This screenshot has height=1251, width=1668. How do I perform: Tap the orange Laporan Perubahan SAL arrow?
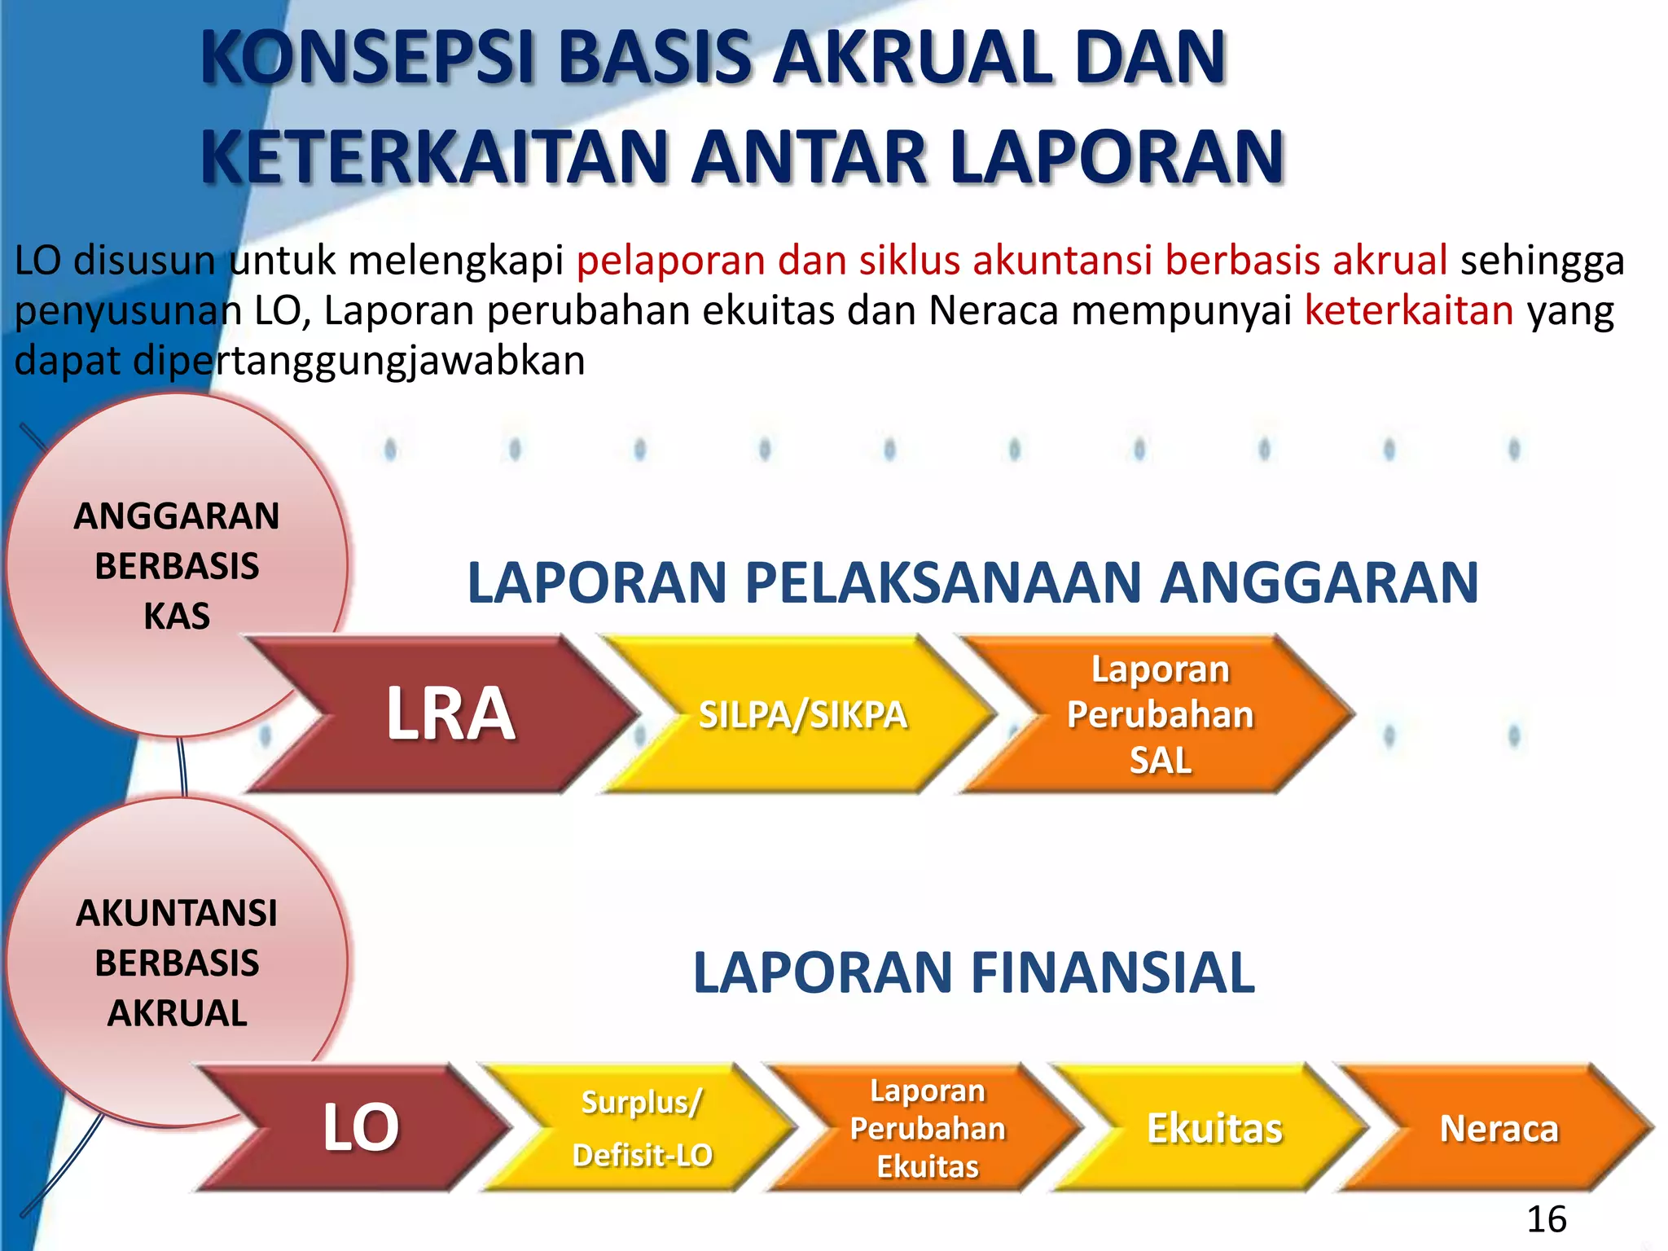[x=1160, y=714]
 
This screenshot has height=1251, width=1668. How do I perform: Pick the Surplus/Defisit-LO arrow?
[x=642, y=1128]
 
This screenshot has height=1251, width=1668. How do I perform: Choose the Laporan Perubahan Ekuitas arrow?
[x=927, y=1128]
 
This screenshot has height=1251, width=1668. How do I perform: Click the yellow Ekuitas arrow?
[x=1214, y=1128]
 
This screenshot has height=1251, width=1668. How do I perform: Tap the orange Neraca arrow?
[x=1499, y=1128]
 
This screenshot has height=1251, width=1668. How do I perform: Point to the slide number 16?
[x=1546, y=1219]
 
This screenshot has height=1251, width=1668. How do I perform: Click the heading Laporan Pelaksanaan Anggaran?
[x=972, y=583]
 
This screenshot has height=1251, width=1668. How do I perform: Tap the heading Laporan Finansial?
[x=972, y=972]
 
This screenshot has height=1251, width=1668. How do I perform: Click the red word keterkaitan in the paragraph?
[x=1408, y=311]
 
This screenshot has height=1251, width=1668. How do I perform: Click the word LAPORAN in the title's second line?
[x=1117, y=156]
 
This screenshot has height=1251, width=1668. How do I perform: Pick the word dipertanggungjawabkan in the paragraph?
[x=358, y=361]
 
